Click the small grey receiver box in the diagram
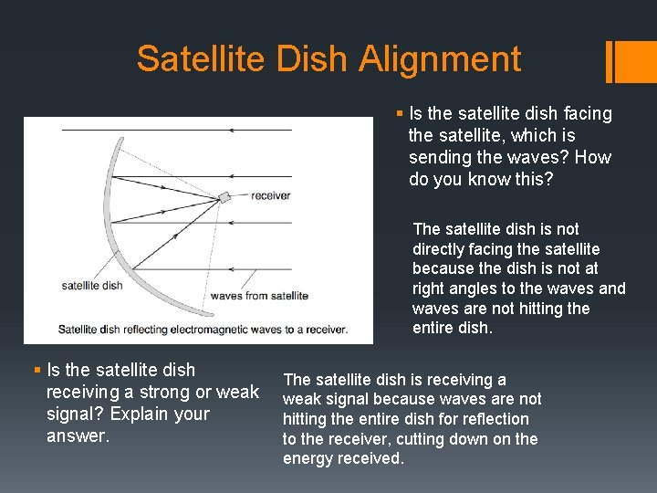pyautogui.click(x=224, y=197)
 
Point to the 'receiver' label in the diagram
pyautogui.click(x=270, y=195)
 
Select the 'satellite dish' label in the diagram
pyautogui.click(x=91, y=285)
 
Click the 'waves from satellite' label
pyautogui.click(x=259, y=295)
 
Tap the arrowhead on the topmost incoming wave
pyautogui.click(x=232, y=131)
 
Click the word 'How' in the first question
pyautogui.click(x=593, y=157)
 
